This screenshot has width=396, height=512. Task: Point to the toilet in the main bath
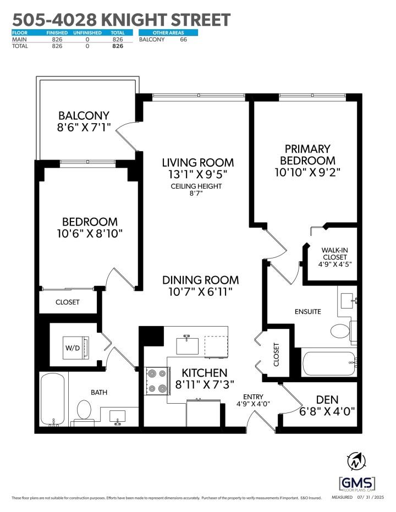[84, 410]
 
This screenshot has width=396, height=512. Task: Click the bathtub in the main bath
[53, 400]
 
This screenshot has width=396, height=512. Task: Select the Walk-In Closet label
[334, 254]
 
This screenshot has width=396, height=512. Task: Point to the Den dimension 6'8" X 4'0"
[328, 410]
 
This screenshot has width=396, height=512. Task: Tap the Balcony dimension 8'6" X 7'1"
[84, 128]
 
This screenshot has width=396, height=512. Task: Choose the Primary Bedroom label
[307, 155]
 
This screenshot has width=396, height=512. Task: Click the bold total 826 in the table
[117, 46]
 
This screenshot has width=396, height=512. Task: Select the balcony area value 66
[184, 40]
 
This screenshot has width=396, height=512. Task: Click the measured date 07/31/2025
[371, 498]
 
